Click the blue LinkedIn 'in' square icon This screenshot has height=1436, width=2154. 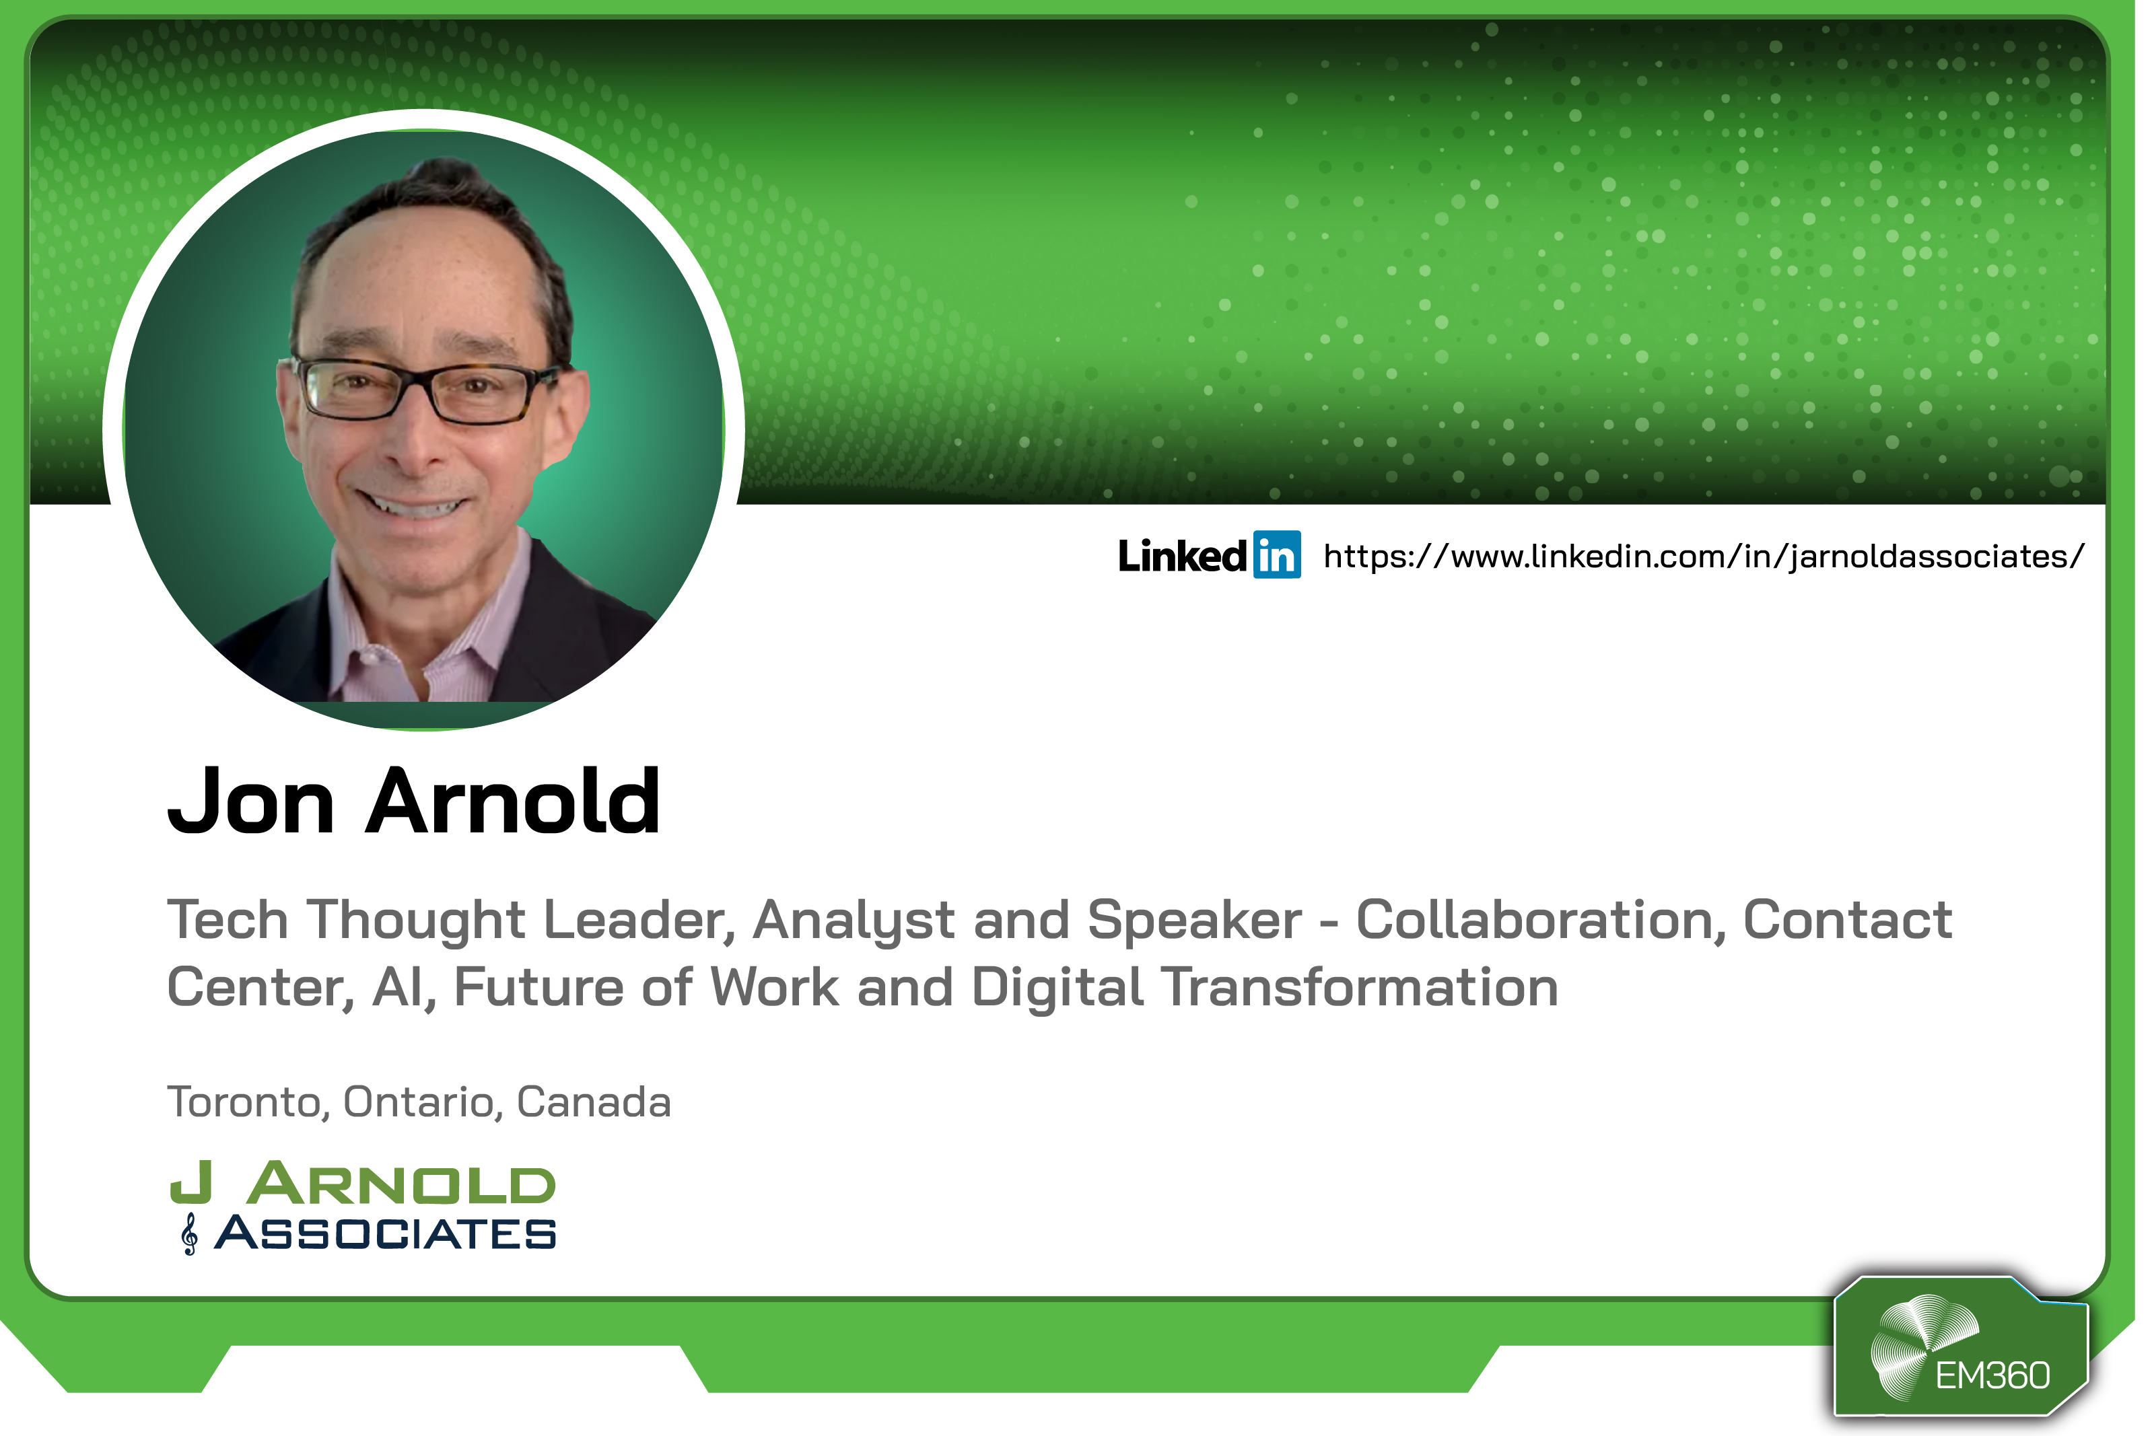pos(1277,555)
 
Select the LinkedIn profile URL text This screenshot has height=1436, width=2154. pos(1704,557)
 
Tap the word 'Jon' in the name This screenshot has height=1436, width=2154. pos(251,802)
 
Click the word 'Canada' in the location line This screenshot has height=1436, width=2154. pos(594,1102)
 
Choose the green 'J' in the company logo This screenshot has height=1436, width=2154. pos(191,1182)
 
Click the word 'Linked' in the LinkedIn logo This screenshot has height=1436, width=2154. pos(1182,556)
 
